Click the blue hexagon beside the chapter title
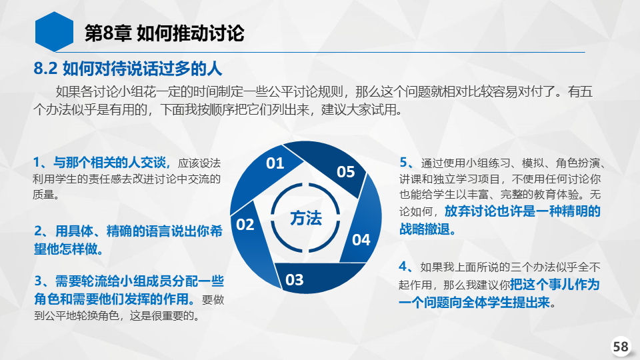pos(54,32)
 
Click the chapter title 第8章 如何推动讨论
pos(164,33)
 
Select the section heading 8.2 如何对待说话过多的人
pos(128,69)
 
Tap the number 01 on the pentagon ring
pos(275,163)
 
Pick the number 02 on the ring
pos(245,225)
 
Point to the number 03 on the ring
pos(294,280)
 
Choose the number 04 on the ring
pos(361,239)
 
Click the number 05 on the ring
pos(346,172)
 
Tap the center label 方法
pos(306,218)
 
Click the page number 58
pos(621,347)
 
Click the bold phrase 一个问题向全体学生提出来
pos(474,302)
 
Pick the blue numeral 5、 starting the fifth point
pos(407,163)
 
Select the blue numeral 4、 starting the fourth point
pos(406,267)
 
